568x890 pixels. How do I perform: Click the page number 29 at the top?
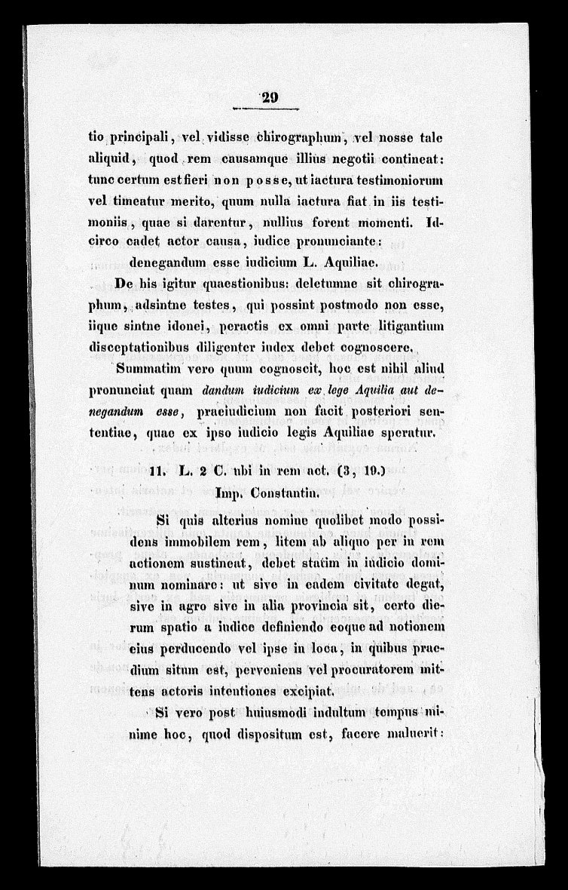pyautogui.click(x=268, y=97)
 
